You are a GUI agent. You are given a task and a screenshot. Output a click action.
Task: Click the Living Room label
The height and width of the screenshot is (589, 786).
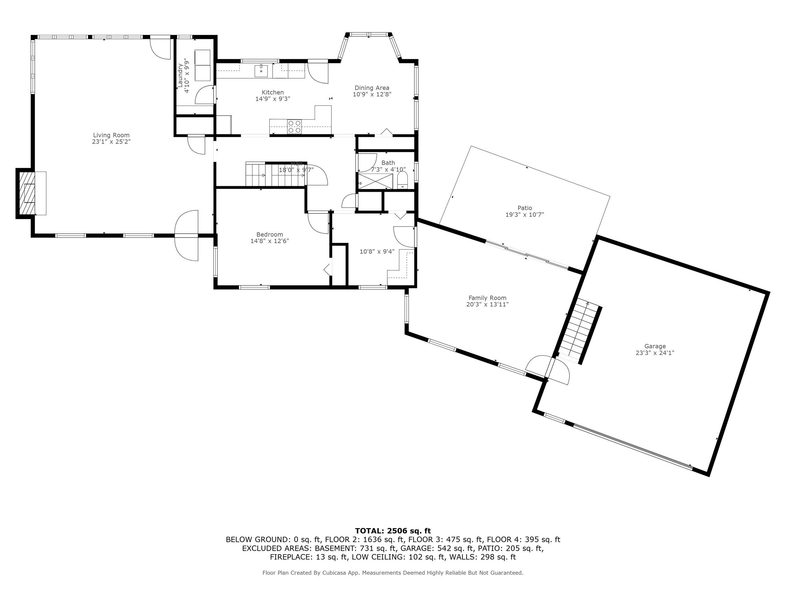point(111,135)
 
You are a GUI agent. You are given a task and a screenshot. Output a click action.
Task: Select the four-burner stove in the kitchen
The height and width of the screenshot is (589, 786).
point(294,127)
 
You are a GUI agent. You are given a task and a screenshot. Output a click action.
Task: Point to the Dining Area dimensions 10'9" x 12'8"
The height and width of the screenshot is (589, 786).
point(372,95)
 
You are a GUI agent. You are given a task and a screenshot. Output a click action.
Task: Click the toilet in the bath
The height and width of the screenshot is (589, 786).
point(402,180)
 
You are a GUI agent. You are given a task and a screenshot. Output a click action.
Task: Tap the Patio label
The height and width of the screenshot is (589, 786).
point(524,208)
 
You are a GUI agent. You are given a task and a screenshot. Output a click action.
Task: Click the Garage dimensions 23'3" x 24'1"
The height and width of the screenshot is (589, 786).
point(655,353)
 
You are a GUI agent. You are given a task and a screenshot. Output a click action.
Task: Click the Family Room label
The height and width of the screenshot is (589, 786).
point(487,298)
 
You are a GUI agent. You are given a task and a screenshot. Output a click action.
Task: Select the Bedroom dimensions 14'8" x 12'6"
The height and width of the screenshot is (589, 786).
point(270,241)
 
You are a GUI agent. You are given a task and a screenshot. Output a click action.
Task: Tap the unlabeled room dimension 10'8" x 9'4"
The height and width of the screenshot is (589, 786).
point(377,252)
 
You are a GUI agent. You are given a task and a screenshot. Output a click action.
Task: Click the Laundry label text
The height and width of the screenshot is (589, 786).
point(180,75)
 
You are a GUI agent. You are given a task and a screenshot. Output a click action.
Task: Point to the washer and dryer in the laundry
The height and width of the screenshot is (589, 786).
point(202,65)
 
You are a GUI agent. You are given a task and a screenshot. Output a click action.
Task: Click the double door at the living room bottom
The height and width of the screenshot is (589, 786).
point(186,235)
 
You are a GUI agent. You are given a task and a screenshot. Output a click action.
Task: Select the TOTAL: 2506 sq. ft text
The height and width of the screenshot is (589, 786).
point(393,531)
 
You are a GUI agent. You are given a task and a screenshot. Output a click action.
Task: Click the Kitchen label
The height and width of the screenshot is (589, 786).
point(273,92)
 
